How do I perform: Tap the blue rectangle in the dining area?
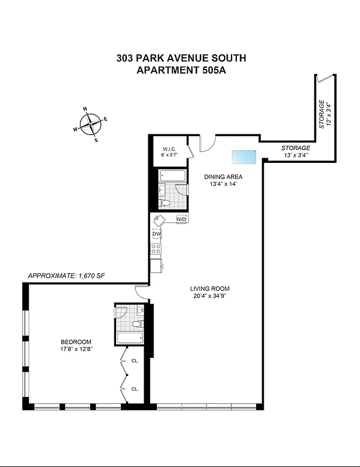click(x=243, y=156)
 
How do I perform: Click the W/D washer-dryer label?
click(x=181, y=219)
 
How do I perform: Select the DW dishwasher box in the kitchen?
click(x=156, y=234)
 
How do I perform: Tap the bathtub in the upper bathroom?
click(x=172, y=175)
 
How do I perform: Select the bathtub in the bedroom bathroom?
click(x=130, y=338)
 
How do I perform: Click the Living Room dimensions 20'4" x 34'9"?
click(x=209, y=297)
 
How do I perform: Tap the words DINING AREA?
click(x=222, y=176)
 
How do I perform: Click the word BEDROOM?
click(x=76, y=342)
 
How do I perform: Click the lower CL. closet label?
click(x=135, y=389)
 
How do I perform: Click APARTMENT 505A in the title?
click(x=181, y=71)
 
